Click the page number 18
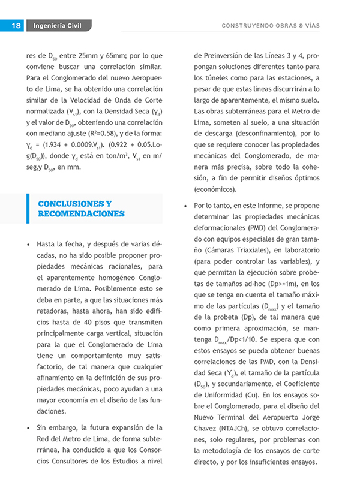coord(16,26)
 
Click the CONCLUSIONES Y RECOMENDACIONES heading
coord(81,209)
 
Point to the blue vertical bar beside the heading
coord(28,209)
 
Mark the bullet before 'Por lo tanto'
coord(187,206)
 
